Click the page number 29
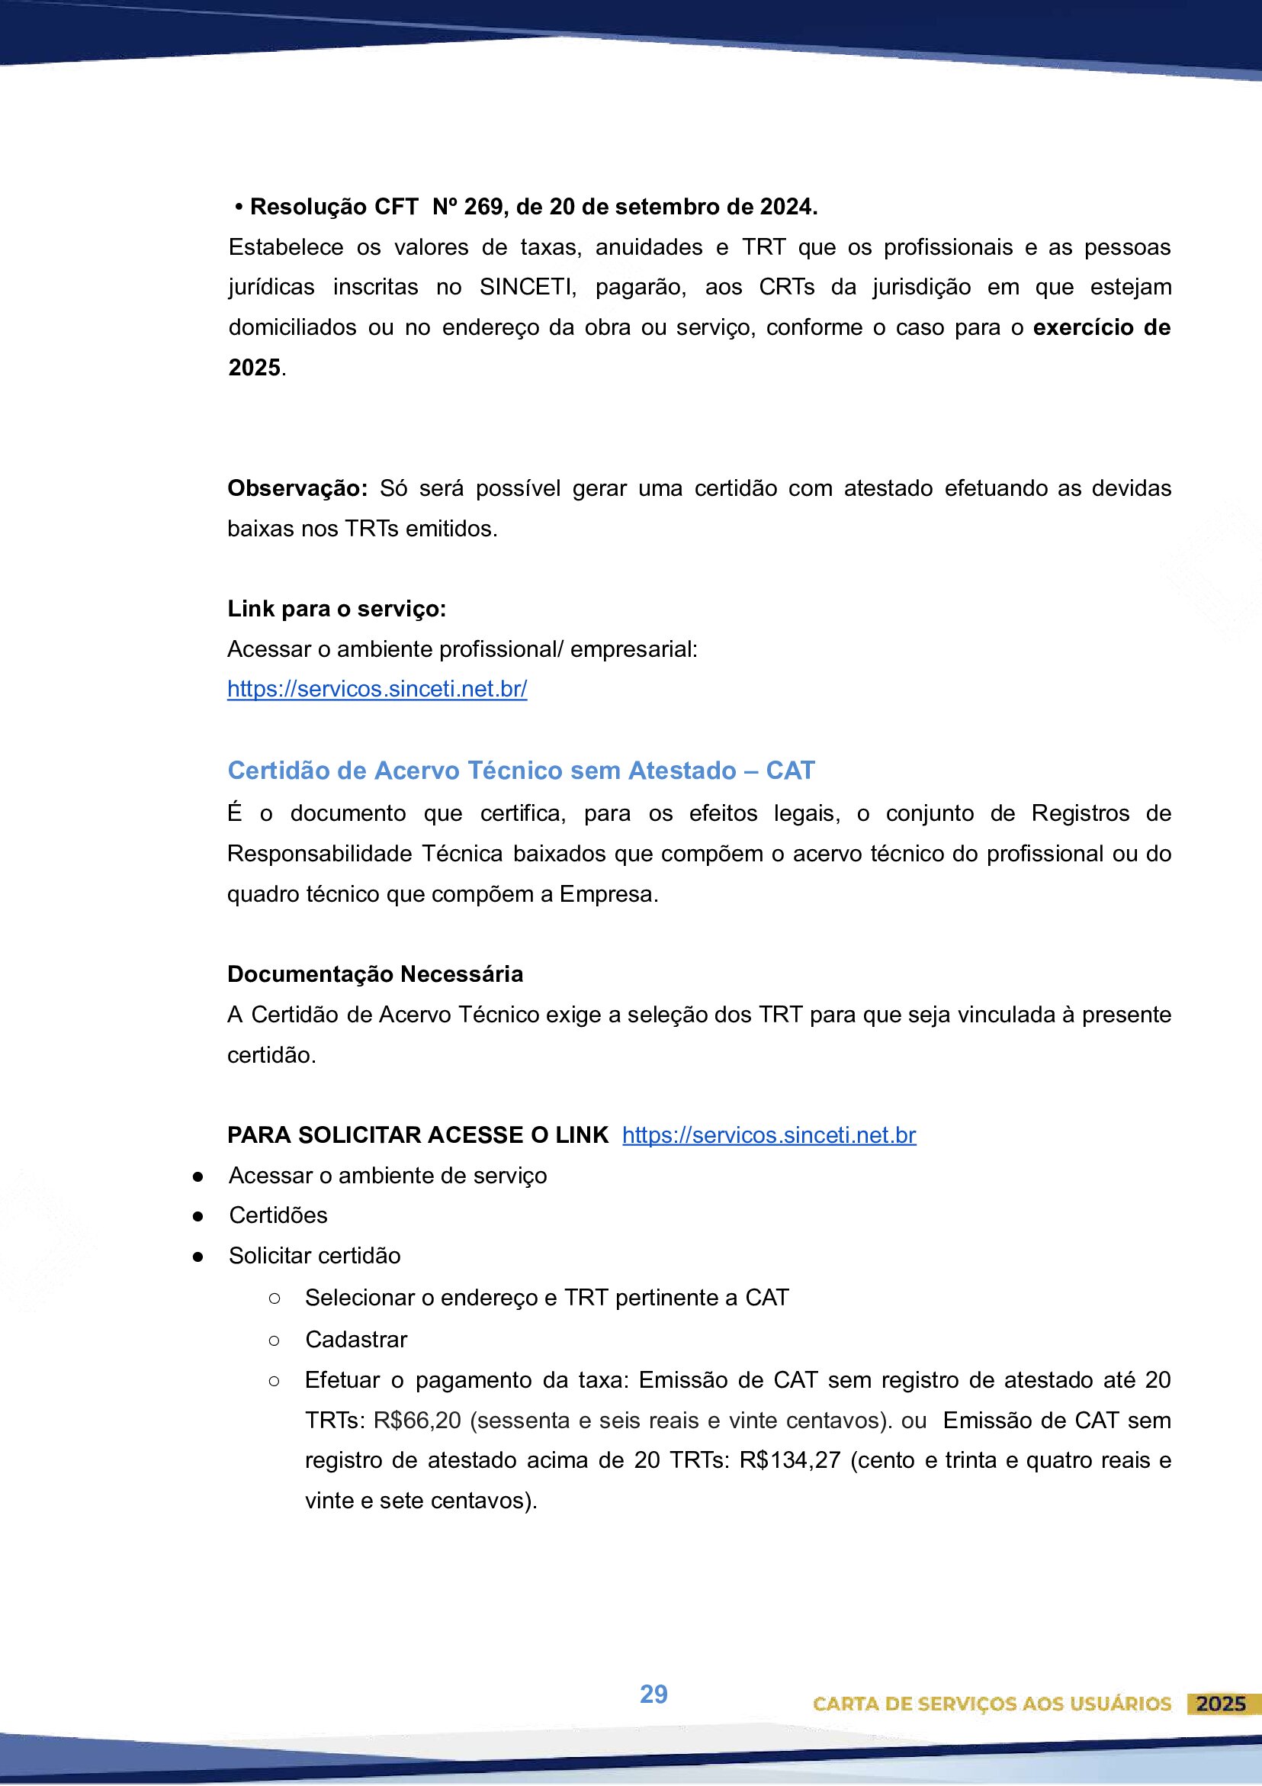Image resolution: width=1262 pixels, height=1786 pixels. click(653, 1694)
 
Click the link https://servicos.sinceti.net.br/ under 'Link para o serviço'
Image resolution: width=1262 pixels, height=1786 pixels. click(377, 689)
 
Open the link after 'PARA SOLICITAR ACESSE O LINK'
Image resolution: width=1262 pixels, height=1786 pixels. click(769, 1135)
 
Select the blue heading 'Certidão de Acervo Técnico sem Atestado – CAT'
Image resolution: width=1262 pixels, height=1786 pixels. click(521, 770)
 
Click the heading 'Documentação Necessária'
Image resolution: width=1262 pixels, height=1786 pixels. click(375, 974)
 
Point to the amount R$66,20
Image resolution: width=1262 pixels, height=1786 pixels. click(418, 1421)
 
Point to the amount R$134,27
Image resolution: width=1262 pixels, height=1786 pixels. click(790, 1460)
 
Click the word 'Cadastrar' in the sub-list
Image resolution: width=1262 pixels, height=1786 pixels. click(356, 1340)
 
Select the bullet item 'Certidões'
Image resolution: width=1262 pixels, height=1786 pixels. click(278, 1215)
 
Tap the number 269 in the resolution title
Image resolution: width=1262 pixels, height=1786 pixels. click(482, 207)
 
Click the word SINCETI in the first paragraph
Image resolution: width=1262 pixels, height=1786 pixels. click(526, 287)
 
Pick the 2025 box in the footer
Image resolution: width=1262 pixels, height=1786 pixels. click(1221, 1704)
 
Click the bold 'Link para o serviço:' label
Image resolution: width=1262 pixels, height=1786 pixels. click(337, 608)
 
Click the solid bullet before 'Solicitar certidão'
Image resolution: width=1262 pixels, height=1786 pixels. click(198, 1257)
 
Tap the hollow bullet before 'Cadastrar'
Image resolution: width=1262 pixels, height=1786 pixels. click(274, 1340)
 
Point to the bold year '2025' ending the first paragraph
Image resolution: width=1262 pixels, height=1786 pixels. click(254, 367)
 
